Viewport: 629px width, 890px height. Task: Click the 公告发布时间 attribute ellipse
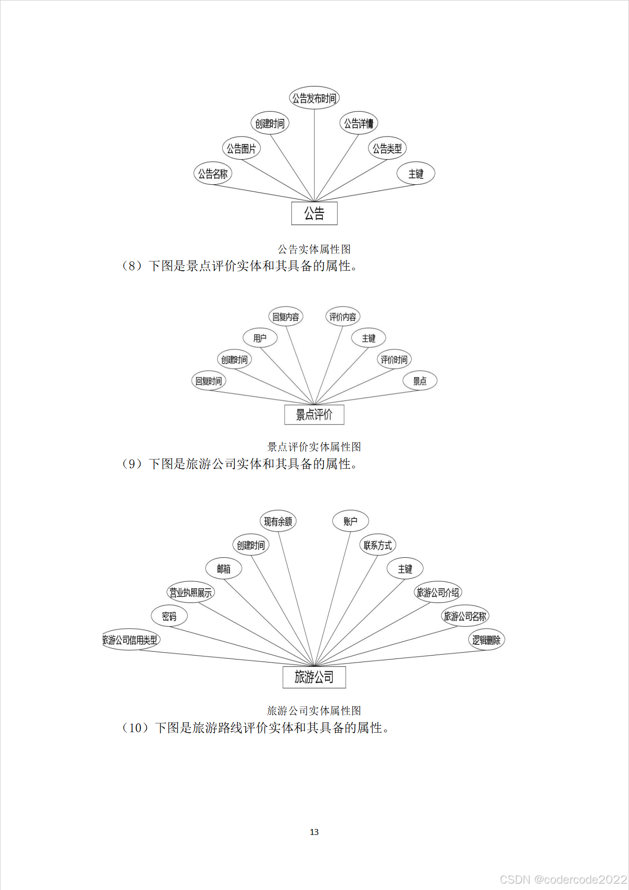pyautogui.click(x=314, y=98)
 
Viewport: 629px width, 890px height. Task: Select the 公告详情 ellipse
pyautogui.click(x=359, y=123)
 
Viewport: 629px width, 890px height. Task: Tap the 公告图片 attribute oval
pyautogui.click(x=241, y=148)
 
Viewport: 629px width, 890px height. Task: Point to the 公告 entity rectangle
pyautogui.click(x=314, y=213)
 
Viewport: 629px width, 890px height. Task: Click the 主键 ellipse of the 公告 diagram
pyautogui.click(x=416, y=174)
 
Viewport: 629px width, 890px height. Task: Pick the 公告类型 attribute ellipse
pyautogui.click(x=387, y=148)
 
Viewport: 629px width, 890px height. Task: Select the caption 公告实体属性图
pyautogui.click(x=314, y=249)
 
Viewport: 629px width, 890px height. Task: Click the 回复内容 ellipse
pyautogui.click(x=286, y=317)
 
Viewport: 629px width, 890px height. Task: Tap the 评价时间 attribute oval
pyautogui.click(x=394, y=360)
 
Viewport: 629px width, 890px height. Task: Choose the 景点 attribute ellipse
pyautogui.click(x=420, y=381)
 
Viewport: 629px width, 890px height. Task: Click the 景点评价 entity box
pyautogui.click(x=314, y=415)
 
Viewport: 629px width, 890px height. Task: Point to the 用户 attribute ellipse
pyautogui.click(x=260, y=338)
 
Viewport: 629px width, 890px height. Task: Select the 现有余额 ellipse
pyautogui.click(x=278, y=521)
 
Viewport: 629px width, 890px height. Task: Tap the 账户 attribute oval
pyautogui.click(x=350, y=521)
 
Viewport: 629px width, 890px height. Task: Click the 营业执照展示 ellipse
pyautogui.click(x=191, y=593)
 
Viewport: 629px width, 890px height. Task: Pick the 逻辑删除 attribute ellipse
pyautogui.click(x=486, y=640)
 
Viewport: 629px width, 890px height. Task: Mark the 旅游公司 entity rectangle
pyautogui.click(x=314, y=677)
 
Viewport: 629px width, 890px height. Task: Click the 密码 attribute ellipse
pyautogui.click(x=169, y=616)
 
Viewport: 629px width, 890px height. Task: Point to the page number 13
pyautogui.click(x=314, y=832)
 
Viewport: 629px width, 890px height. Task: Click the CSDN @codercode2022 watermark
pyautogui.click(x=563, y=879)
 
